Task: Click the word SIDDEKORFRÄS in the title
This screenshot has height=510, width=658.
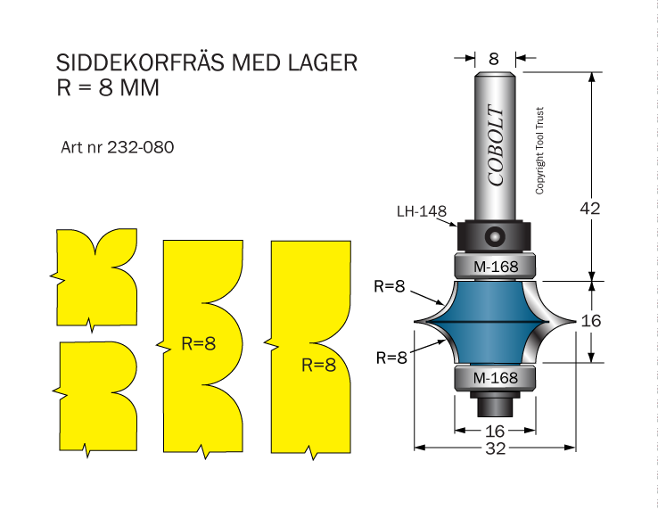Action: pyautogui.click(x=141, y=63)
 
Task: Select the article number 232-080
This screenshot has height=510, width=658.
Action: pyautogui.click(x=141, y=147)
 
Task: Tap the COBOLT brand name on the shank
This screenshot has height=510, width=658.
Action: pyautogui.click(x=496, y=144)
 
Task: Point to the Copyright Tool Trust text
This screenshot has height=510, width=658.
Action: pyautogui.click(x=539, y=151)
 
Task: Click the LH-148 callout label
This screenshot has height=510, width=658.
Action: pyautogui.click(x=422, y=211)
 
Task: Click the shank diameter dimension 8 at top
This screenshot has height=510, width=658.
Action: pyautogui.click(x=494, y=59)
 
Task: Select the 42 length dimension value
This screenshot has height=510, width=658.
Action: pyautogui.click(x=590, y=209)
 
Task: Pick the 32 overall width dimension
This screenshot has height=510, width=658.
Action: pyautogui.click(x=496, y=448)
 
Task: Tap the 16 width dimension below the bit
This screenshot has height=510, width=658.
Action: pyautogui.click(x=495, y=431)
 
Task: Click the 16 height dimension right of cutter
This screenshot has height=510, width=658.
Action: pyautogui.click(x=591, y=321)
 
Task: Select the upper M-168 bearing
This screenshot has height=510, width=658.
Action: pyautogui.click(x=495, y=266)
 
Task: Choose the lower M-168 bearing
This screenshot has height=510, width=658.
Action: pyautogui.click(x=495, y=378)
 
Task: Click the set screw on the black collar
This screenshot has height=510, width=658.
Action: pyautogui.click(x=494, y=236)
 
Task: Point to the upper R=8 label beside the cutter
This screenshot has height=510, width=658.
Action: pyautogui.click(x=390, y=286)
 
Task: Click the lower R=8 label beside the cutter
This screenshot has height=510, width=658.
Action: pyautogui.click(x=391, y=358)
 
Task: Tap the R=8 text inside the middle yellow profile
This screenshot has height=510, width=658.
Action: pyautogui.click(x=199, y=343)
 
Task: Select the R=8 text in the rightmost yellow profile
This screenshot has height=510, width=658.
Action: pyautogui.click(x=319, y=366)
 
